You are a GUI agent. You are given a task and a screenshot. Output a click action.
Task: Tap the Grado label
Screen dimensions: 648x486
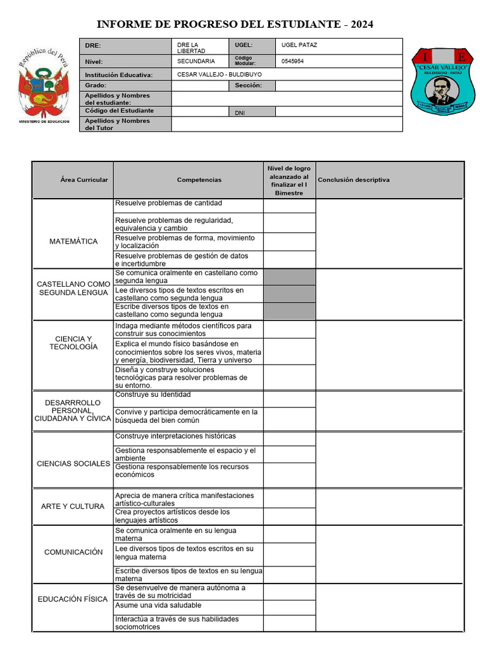click(96, 85)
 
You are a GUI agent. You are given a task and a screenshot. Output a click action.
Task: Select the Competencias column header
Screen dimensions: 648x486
click(199, 180)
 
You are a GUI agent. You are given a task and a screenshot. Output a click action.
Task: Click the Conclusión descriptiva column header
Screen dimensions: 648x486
click(354, 180)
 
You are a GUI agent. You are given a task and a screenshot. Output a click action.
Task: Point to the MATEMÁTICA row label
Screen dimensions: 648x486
click(73, 241)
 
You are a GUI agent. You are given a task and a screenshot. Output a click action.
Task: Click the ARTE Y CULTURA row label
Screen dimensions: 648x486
click(73, 506)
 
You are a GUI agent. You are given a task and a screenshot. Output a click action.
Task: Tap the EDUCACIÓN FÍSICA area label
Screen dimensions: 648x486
click(73, 599)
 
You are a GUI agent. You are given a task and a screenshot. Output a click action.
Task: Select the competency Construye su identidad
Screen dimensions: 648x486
click(153, 394)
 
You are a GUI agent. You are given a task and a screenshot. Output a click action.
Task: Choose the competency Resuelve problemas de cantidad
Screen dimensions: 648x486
click(168, 203)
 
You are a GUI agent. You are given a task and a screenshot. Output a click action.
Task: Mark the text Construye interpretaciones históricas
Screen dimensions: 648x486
click(175, 436)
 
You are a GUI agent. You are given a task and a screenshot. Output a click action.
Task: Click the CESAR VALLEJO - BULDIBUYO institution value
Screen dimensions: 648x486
click(220, 74)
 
